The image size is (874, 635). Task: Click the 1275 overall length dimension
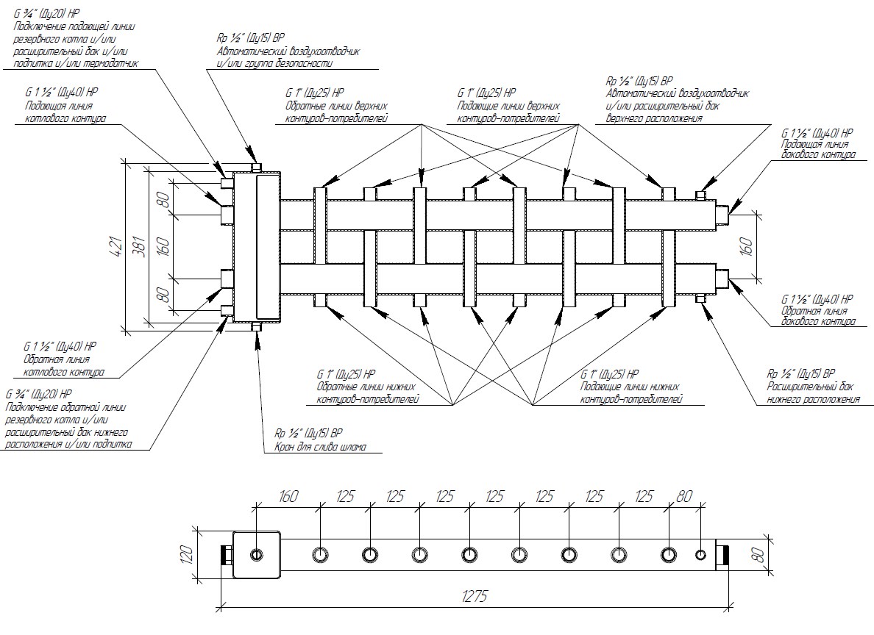point(477,596)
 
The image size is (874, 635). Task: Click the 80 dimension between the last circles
point(684,497)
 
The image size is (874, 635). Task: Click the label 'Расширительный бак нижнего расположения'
point(813,392)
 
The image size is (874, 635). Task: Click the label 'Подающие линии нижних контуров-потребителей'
point(630,393)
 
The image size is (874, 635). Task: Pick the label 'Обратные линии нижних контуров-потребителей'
point(367,393)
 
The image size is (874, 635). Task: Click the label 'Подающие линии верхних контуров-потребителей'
point(508,112)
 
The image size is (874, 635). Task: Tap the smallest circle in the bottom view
point(700,554)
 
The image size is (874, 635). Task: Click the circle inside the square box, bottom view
point(257,554)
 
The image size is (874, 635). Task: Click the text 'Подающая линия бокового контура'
point(817,150)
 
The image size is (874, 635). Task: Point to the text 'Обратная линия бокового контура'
point(817,317)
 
